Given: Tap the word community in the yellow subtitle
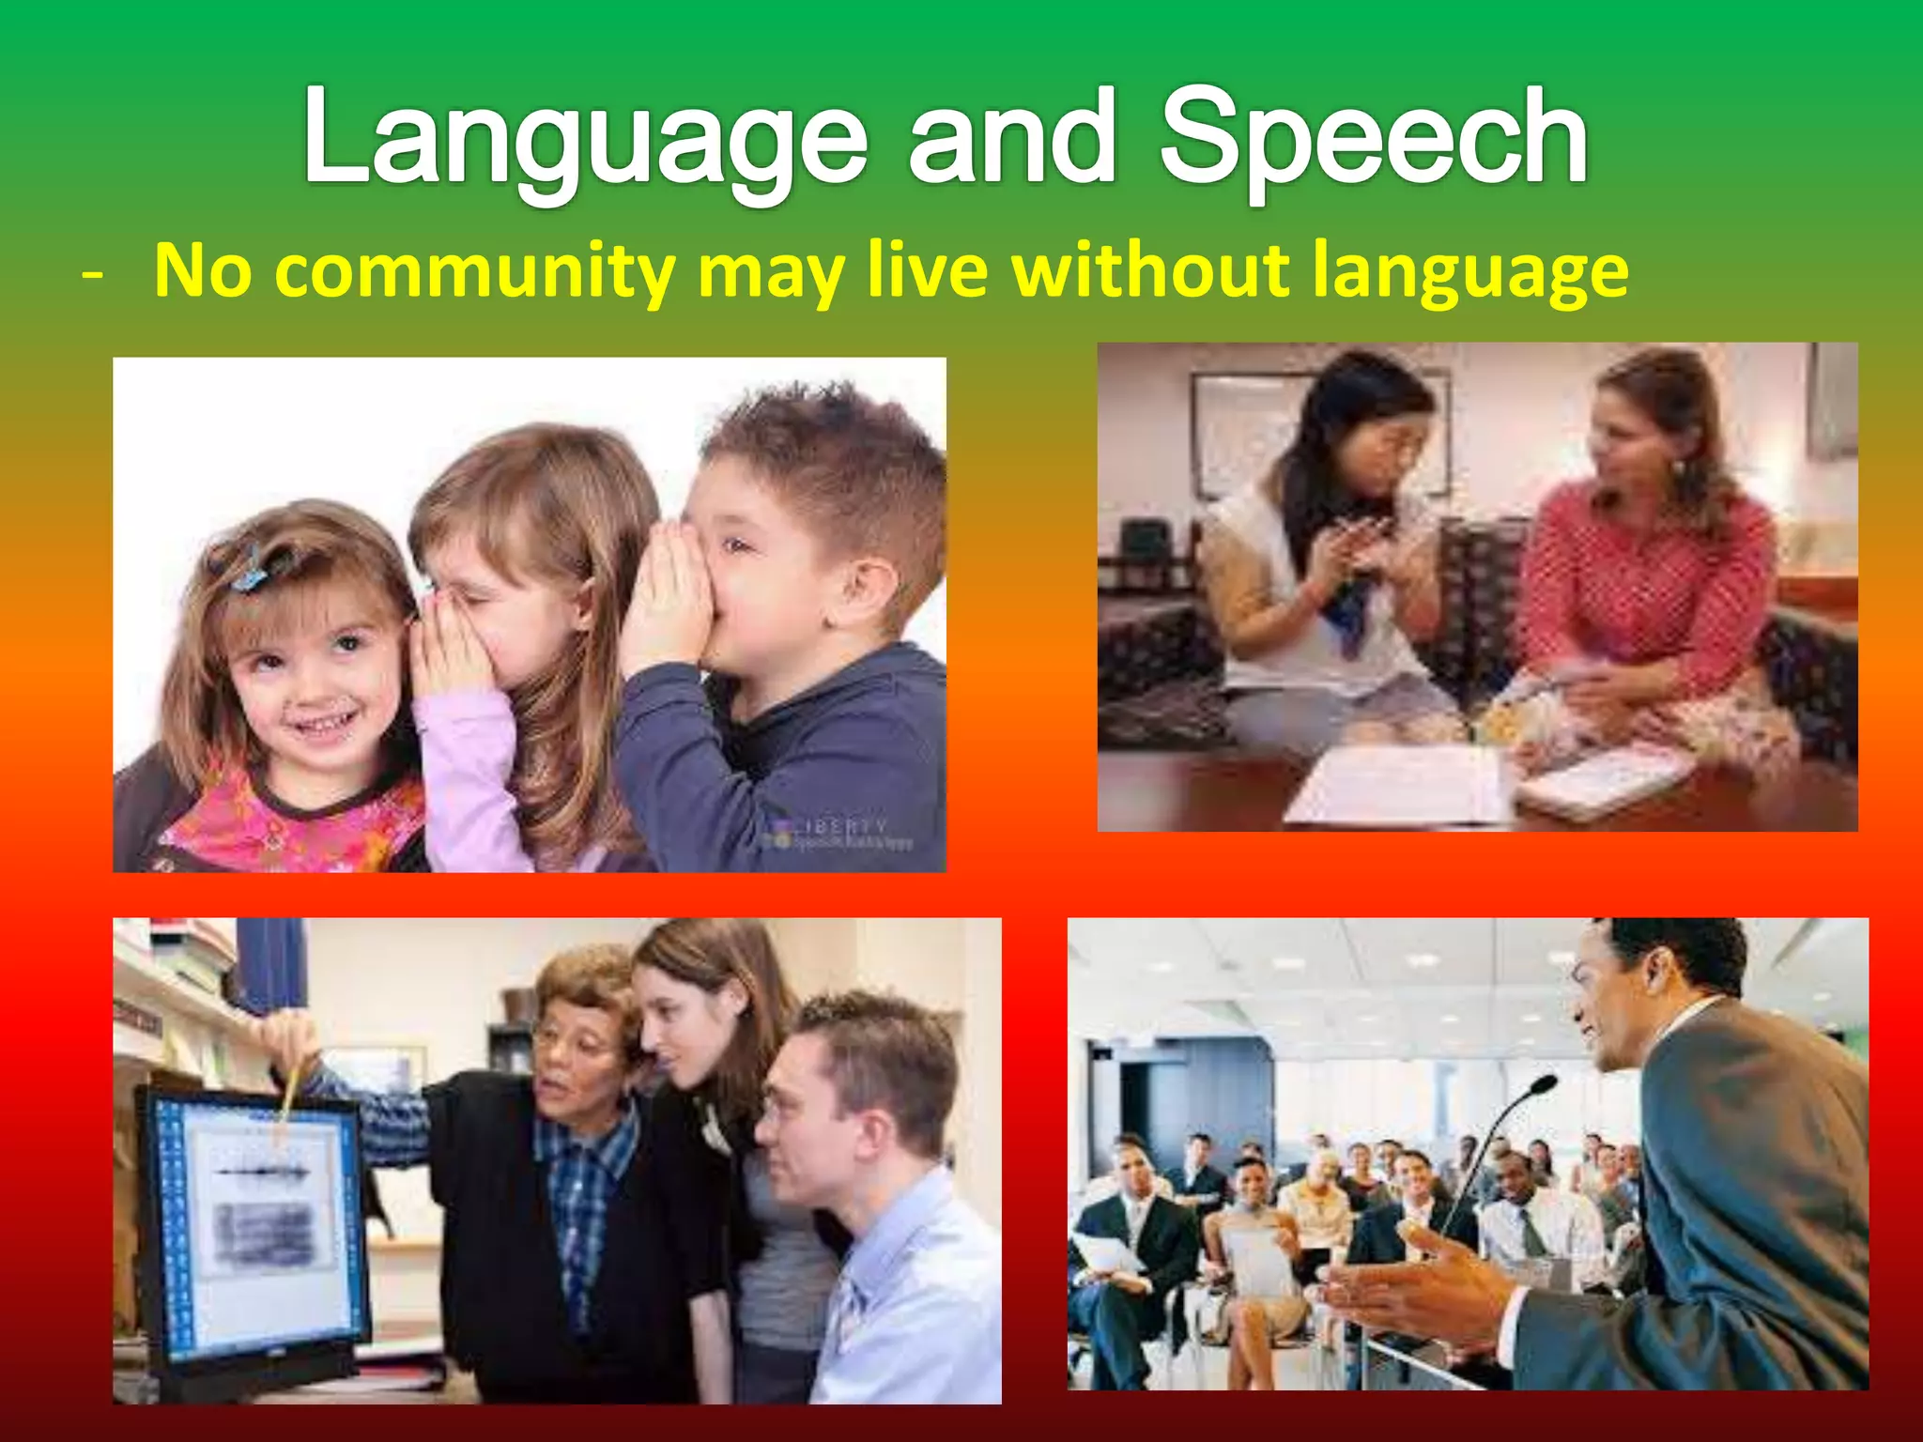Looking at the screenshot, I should pyautogui.click(x=475, y=271).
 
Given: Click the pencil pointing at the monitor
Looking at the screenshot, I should pyautogui.click(x=291, y=1098).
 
